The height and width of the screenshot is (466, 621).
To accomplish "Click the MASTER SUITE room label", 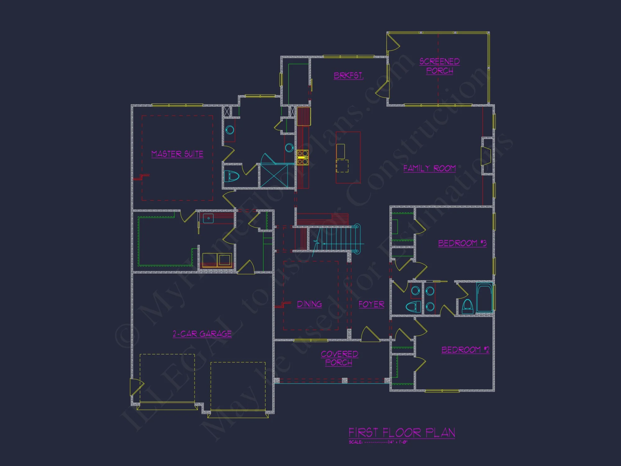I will point(177,154).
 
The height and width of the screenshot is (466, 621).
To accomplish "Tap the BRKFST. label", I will point(348,75).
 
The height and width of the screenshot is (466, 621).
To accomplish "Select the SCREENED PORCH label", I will point(439,66).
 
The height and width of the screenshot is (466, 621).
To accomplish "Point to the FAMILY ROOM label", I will point(429,168).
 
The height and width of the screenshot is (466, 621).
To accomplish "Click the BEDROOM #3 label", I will point(462,243).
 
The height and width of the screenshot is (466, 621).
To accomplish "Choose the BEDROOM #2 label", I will point(465,350).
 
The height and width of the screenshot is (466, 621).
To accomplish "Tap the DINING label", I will point(309,304).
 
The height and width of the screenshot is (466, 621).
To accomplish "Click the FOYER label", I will point(371,304).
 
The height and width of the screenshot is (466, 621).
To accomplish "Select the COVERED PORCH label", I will point(339,358).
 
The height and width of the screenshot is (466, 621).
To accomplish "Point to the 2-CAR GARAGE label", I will point(202,334).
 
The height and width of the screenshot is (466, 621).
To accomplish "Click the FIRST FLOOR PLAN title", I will point(402,432).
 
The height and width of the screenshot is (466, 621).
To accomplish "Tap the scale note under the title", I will point(378,442).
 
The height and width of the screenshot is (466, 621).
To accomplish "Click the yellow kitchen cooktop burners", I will point(302,157).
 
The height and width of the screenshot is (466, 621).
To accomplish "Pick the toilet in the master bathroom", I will point(232,176).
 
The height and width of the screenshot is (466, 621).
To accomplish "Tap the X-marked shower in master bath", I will point(274,176).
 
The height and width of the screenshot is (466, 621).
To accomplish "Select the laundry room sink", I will point(208,218).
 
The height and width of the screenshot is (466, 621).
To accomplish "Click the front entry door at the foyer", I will point(370,336).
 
